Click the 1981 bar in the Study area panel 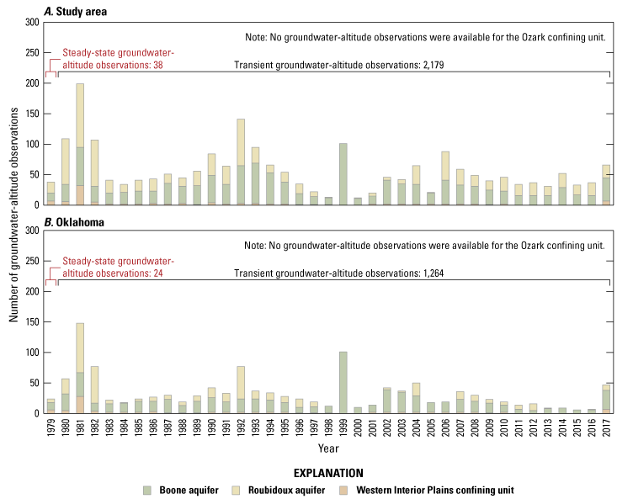(80, 144)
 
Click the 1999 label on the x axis (343, 427)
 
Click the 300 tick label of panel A (32, 22)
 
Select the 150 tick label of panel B (32, 321)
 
